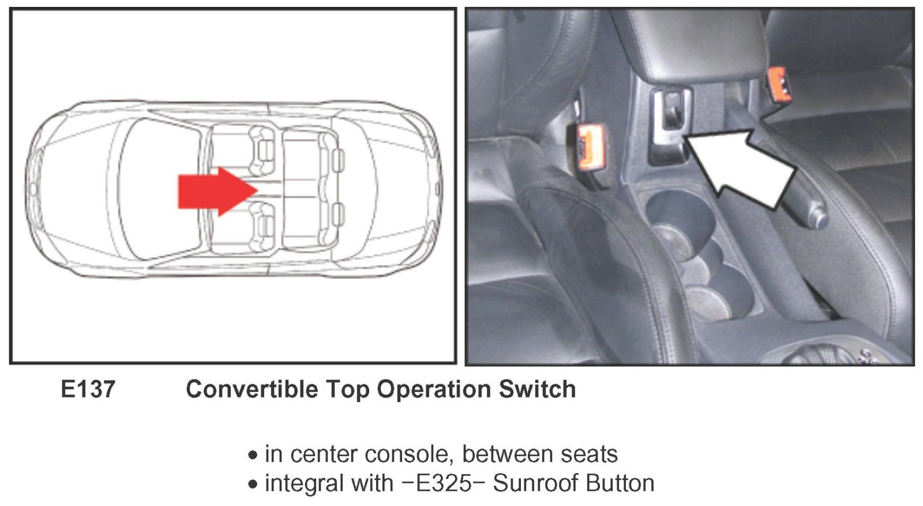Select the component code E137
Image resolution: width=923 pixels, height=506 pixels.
pyautogui.click(x=88, y=389)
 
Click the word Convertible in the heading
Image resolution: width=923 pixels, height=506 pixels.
pyautogui.click(x=252, y=389)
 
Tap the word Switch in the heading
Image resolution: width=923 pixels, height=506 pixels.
pyautogui.click(x=537, y=389)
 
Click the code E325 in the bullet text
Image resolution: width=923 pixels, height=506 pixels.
pyautogui.click(x=443, y=483)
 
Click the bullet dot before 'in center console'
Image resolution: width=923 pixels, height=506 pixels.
pyautogui.click(x=253, y=455)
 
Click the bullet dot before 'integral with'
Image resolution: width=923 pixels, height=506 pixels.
pyautogui.click(x=253, y=484)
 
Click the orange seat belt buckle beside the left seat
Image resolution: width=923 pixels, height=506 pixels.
pyautogui.click(x=590, y=147)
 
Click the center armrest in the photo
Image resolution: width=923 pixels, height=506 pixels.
pyautogui.click(x=696, y=46)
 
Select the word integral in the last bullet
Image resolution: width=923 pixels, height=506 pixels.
pyautogui.click(x=303, y=483)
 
